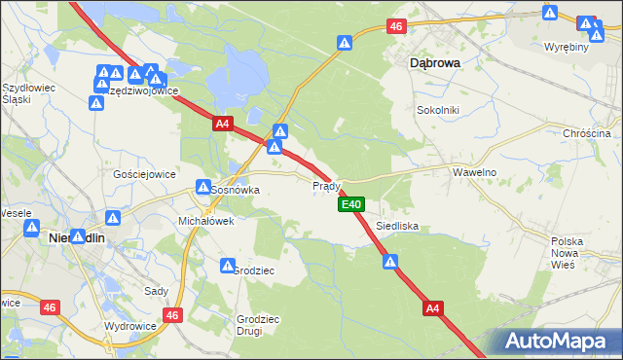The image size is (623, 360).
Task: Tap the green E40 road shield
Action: (x=351, y=204)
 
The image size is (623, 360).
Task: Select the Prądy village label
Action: (x=325, y=185)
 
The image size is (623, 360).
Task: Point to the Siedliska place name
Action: (x=397, y=226)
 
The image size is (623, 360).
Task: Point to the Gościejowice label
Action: (x=144, y=174)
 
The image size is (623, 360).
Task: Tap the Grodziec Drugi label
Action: (x=258, y=325)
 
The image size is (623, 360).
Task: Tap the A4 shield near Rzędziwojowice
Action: (x=223, y=124)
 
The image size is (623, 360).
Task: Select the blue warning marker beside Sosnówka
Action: (x=203, y=187)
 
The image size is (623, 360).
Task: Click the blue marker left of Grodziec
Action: (x=228, y=266)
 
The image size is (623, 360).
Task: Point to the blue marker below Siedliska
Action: (x=390, y=262)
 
